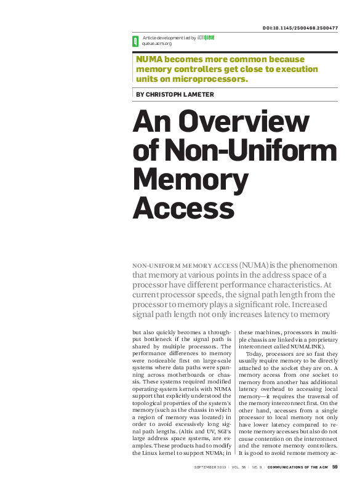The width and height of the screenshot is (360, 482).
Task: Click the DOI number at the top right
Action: (x=300, y=28)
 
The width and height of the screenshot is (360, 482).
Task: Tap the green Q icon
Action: (x=135, y=41)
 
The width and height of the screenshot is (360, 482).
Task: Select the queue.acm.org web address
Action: (x=157, y=44)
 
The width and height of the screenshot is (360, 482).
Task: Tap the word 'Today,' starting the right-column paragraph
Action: (x=255, y=355)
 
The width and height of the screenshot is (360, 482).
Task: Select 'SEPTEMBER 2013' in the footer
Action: (x=210, y=468)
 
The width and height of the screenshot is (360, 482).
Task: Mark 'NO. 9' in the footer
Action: (x=258, y=468)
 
